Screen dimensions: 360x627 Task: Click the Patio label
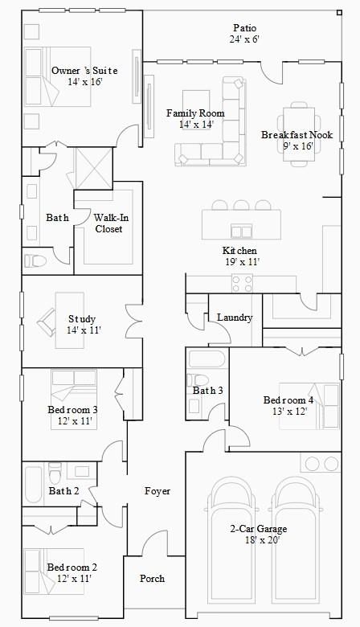click(244, 28)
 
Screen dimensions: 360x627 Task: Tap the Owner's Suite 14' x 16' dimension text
click(84, 82)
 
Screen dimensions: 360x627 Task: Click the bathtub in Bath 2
click(34, 485)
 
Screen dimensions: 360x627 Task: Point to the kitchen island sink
click(241, 232)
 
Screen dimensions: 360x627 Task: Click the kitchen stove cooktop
click(243, 284)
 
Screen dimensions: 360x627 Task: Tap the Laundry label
click(235, 318)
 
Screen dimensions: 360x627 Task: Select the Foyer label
click(157, 491)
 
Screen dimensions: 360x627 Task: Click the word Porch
click(152, 578)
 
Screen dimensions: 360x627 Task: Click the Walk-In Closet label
click(108, 223)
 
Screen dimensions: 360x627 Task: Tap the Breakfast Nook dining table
click(299, 134)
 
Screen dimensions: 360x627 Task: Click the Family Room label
click(195, 113)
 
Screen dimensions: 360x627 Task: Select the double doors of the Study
click(134, 321)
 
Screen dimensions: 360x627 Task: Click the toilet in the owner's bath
click(35, 261)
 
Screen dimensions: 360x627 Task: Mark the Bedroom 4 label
click(288, 400)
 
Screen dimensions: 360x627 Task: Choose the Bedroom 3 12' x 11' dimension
click(75, 421)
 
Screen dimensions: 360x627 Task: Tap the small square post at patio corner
click(339, 13)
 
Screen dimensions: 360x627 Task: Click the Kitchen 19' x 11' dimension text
click(243, 262)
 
